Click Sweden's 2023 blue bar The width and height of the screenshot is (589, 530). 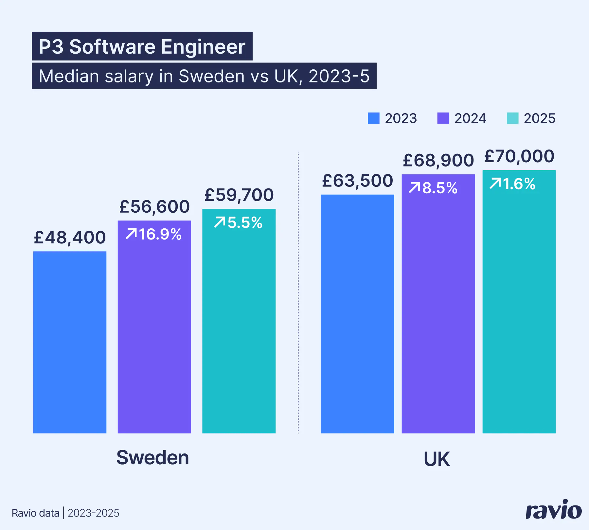[x=70, y=342]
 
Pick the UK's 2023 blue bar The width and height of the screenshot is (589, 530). [x=357, y=314]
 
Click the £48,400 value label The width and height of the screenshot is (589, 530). [x=70, y=238]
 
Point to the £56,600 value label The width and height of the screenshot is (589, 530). [x=154, y=207]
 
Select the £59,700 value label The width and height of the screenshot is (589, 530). [x=239, y=195]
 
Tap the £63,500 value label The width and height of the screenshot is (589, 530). [x=357, y=181]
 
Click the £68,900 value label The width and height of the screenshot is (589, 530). [x=438, y=160]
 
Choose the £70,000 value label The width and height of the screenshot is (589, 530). [x=519, y=156]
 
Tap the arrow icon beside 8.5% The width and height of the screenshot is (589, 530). [x=414, y=188]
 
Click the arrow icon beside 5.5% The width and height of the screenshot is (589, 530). [x=220, y=222]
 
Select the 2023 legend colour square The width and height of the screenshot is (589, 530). [x=373, y=118]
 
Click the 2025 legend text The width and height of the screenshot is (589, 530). [x=539, y=118]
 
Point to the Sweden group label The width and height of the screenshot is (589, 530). [x=152, y=457]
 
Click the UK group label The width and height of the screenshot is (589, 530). [x=437, y=459]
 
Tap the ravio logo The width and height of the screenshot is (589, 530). [x=553, y=510]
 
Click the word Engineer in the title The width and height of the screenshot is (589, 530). [x=203, y=47]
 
